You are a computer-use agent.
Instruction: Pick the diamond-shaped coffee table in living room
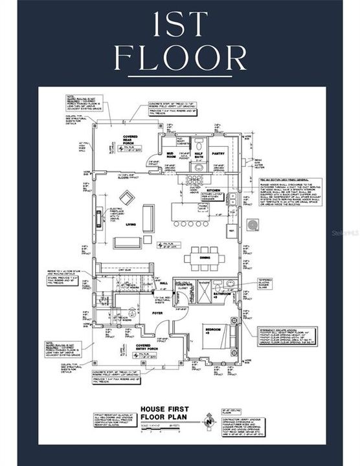click(127, 198)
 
